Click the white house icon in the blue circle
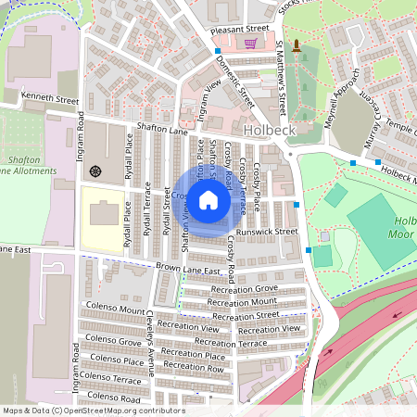coord(208,200)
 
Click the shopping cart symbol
coord(250,43)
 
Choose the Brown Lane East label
coord(187,270)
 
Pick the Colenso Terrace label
coord(113,380)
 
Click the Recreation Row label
coord(193,368)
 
